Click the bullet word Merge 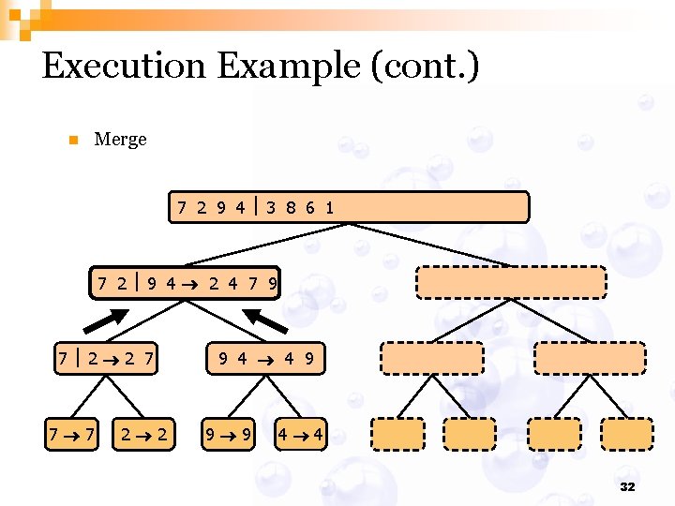[x=121, y=140]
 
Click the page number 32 [x=627, y=487]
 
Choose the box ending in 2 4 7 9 [x=187, y=281]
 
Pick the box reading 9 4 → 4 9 [x=266, y=357]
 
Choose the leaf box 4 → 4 [x=301, y=433]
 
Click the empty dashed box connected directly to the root [x=511, y=282]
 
